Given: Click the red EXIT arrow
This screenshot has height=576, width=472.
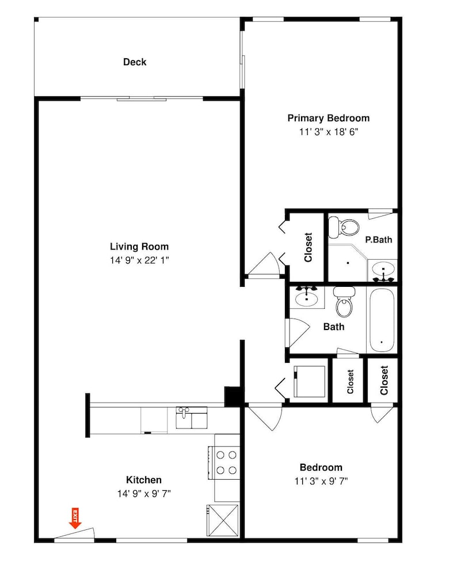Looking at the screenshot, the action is tap(75, 518).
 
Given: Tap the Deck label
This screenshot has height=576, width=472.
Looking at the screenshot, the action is tap(135, 62).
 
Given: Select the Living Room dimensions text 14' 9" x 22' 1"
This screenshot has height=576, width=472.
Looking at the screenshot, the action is tap(139, 260).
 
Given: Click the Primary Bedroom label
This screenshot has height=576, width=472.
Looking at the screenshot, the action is tap(329, 118).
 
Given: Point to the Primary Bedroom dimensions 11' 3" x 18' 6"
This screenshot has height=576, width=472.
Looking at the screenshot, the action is tap(329, 131).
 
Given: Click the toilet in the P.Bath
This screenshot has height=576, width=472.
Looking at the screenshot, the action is tap(343, 227).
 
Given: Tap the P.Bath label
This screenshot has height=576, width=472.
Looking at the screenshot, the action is tap(378, 240).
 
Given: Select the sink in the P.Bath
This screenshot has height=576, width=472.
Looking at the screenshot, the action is tap(383, 271).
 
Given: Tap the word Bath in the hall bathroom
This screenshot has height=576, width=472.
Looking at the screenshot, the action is tap(334, 327).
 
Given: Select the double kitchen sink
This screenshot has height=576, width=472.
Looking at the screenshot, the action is tap(192, 418).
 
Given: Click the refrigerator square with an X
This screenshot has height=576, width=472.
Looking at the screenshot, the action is tap(223, 521).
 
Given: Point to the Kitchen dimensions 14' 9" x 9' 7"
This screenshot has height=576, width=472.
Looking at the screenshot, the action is tap(144, 494).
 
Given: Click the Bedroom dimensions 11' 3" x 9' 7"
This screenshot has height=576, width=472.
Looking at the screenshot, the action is tap(321, 481).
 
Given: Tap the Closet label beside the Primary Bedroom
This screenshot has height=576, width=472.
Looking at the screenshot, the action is tap(309, 247).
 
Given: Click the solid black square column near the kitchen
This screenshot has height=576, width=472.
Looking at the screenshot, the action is tap(233, 397).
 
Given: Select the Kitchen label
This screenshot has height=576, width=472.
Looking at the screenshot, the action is tap(144, 480).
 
